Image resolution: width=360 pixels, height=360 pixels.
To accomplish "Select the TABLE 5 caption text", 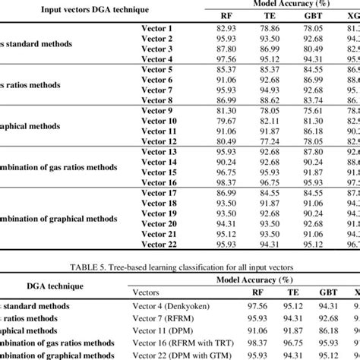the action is [180, 270].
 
